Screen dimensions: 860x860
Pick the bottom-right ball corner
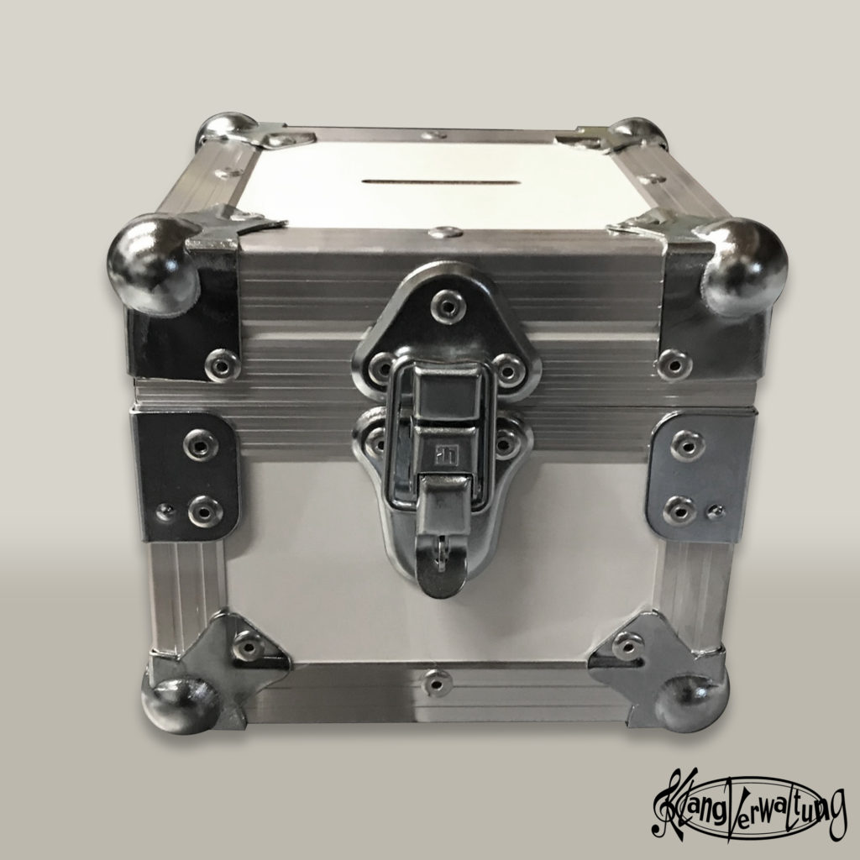[x=692, y=704]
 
